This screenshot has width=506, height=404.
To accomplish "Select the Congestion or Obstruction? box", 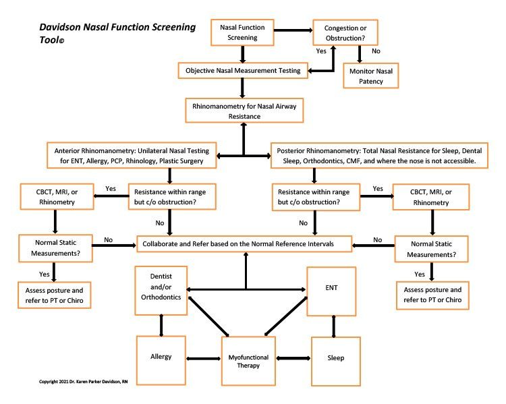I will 345,33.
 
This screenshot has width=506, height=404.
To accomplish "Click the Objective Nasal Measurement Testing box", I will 242,69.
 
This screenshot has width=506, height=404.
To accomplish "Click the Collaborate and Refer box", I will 246,240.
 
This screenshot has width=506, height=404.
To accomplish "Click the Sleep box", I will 335,357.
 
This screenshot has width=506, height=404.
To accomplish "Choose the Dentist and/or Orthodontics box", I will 161,291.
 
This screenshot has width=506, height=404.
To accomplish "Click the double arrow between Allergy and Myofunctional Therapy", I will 203,357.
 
